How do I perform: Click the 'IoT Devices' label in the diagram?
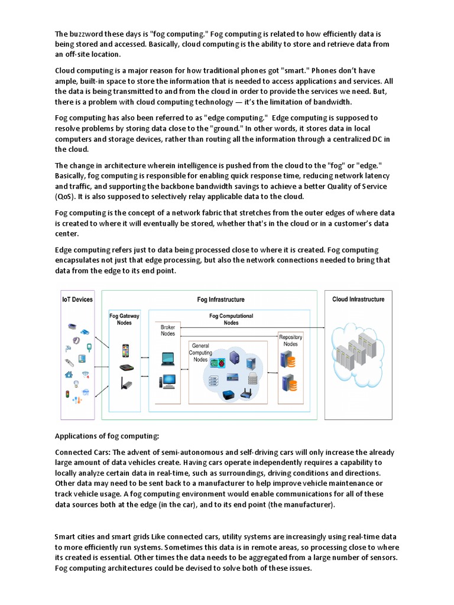(x=77, y=300)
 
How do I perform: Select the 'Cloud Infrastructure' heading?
(x=358, y=300)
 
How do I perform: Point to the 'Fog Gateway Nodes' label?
(x=125, y=320)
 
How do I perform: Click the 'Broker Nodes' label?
(x=168, y=330)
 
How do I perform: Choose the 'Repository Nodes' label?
(x=290, y=341)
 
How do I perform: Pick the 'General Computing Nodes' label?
(x=200, y=352)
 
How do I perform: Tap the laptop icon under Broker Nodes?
(x=167, y=358)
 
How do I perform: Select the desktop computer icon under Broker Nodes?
(x=167, y=381)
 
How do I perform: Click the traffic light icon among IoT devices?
(x=67, y=395)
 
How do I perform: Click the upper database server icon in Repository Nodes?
(x=289, y=359)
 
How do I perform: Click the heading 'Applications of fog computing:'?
(x=107, y=437)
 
